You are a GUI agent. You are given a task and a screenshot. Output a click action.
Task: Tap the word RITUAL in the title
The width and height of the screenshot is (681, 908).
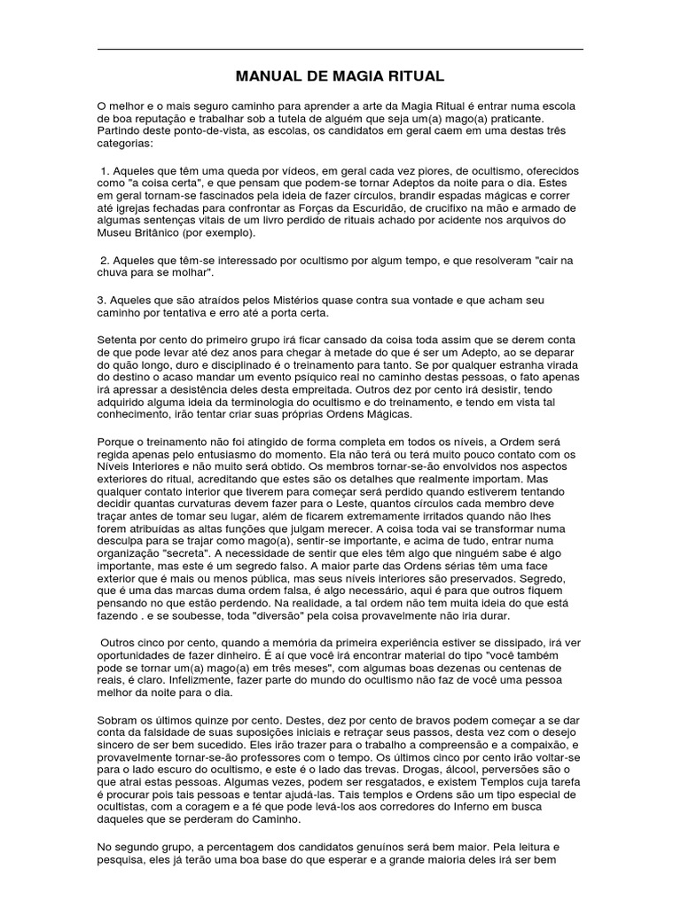(413, 77)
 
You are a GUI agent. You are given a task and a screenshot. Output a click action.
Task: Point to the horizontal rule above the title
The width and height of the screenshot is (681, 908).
(340, 49)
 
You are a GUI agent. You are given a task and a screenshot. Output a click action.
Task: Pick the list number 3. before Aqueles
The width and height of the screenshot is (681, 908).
(102, 299)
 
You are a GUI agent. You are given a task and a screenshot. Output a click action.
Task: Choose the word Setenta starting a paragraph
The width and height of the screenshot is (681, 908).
(117, 338)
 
